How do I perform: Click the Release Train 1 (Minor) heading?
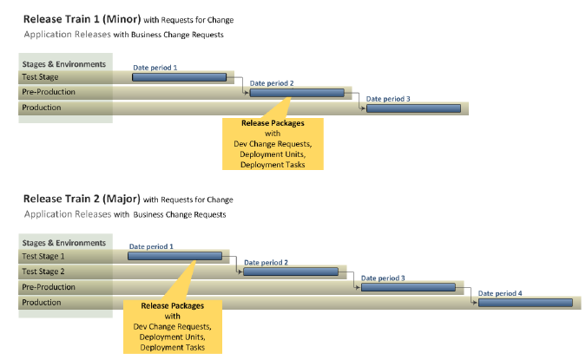(82, 19)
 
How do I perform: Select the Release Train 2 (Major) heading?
(82, 199)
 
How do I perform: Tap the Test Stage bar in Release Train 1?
(180, 77)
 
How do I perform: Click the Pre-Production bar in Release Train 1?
(297, 93)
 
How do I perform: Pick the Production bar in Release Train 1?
(414, 108)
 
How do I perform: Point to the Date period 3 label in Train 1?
(388, 99)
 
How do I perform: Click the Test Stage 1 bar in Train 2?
(174, 256)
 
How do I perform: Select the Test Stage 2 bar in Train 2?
(291, 272)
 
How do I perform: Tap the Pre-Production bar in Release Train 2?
(409, 287)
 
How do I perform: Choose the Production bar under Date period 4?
(525, 303)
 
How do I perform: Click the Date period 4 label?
(500, 293)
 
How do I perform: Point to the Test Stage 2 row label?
(43, 272)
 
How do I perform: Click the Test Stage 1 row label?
(43, 256)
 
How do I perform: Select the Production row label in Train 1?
(41, 108)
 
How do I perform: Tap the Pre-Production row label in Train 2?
(49, 287)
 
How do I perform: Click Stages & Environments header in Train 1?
(64, 64)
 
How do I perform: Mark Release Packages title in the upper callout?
(273, 123)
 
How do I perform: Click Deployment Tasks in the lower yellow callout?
(172, 348)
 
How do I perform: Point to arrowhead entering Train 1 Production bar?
(364, 108)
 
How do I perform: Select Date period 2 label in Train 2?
(267, 263)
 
